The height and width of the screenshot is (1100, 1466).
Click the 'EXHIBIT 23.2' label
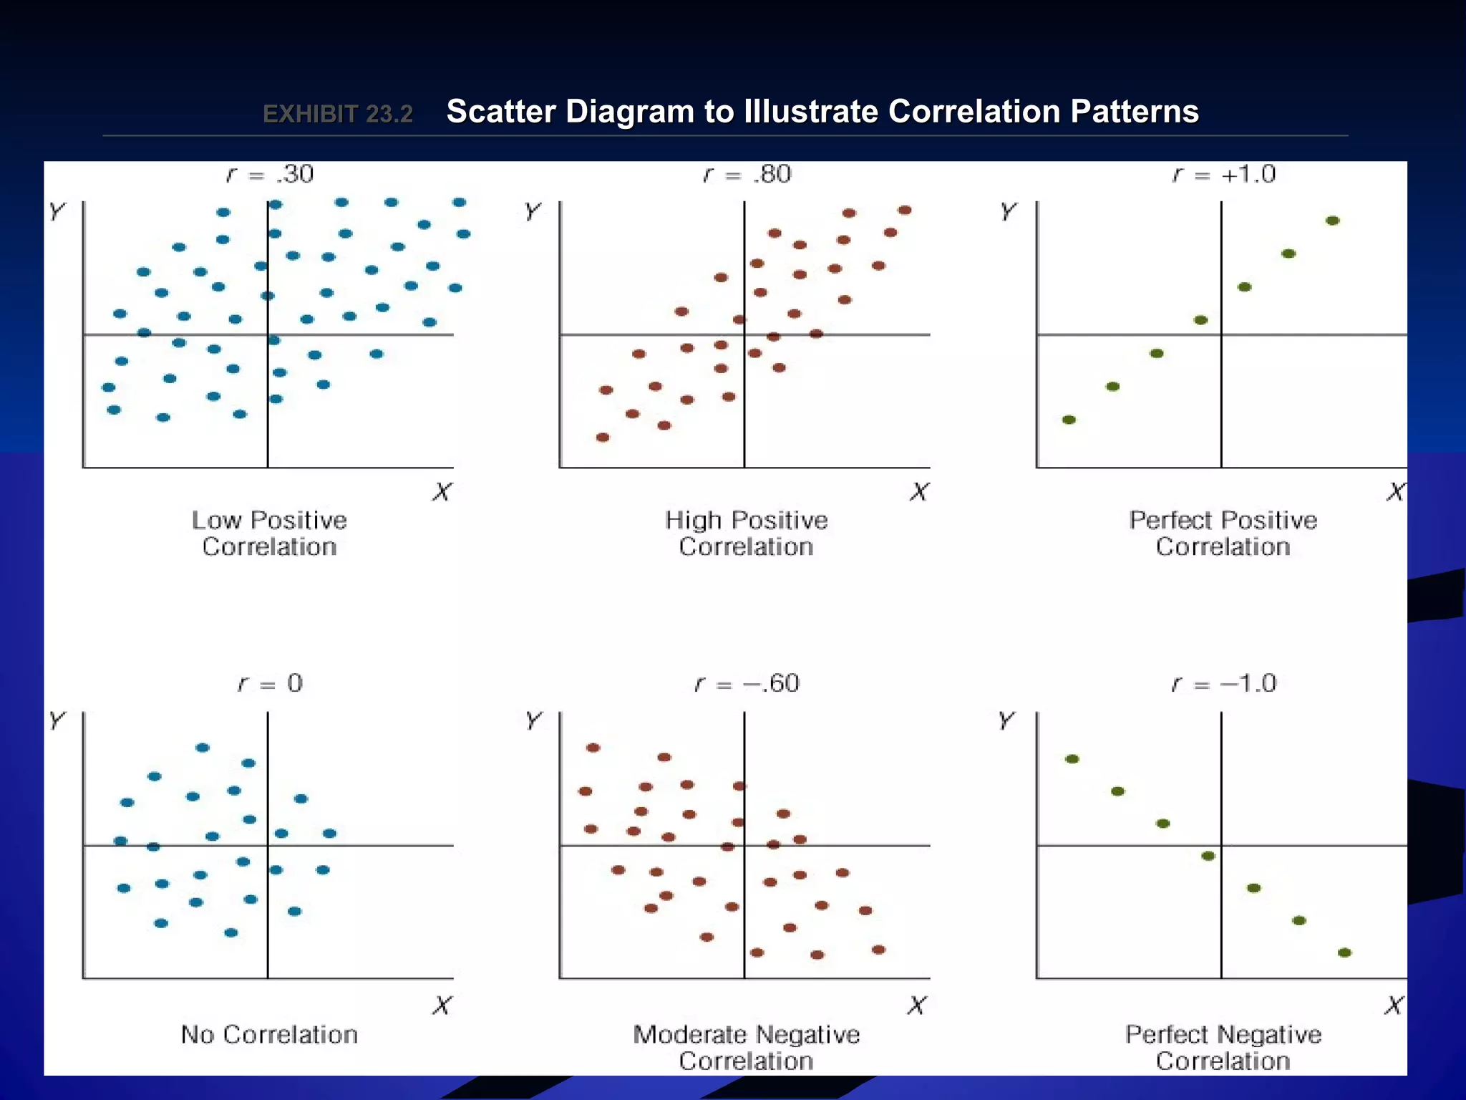(338, 114)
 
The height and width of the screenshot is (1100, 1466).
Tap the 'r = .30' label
(270, 174)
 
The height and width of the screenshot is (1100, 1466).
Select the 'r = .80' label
(747, 174)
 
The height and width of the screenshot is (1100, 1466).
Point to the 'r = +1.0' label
(1223, 174)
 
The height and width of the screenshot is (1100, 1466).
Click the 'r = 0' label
(270, 683)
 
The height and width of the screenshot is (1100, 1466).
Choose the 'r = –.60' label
(747, 683)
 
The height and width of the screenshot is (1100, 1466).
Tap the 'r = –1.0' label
(1223, 683)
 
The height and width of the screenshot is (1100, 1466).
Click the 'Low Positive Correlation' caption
(269, 533)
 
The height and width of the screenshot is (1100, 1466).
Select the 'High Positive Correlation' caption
(746, 533)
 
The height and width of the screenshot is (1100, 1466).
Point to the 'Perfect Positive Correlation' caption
(1223, 533)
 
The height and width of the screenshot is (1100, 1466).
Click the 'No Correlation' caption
(269, 1034)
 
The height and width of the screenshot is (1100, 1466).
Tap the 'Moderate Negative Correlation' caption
(746, 1047)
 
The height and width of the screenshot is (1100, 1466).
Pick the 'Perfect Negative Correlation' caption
(1223, 1047)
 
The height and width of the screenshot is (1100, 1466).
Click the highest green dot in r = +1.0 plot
(1332, 221)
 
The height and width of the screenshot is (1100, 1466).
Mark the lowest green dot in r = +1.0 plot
(1069, 420)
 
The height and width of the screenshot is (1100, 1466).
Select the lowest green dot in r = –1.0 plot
(1344, 952)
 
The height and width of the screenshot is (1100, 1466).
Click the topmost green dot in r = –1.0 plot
(1072, 759)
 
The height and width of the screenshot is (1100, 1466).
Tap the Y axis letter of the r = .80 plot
(533, 211)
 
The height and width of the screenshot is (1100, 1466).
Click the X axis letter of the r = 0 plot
(442, 1005)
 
